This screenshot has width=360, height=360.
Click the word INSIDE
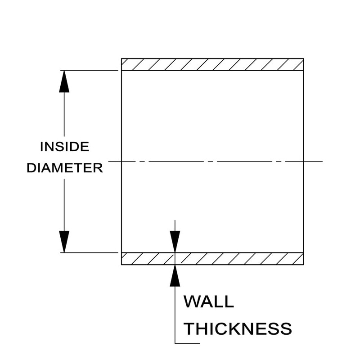65,147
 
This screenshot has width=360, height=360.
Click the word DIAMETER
65,168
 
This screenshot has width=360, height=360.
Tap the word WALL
209,301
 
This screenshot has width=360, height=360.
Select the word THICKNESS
238,328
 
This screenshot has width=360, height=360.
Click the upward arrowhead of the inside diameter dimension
64,82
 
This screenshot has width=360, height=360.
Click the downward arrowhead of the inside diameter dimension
64,241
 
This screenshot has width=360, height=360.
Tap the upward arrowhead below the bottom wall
175,275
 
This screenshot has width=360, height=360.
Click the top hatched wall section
212,64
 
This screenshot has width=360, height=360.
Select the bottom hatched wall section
212,258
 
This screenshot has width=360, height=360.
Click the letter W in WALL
191,301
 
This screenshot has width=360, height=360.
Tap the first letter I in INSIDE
42,147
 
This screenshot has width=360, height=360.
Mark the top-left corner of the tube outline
121,58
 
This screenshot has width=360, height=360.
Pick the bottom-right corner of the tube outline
303,265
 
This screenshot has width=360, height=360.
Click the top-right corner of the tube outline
303,58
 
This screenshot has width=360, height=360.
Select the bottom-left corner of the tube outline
121,265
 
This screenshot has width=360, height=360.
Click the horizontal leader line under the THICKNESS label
187,344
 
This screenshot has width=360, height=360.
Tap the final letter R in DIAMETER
99,168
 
